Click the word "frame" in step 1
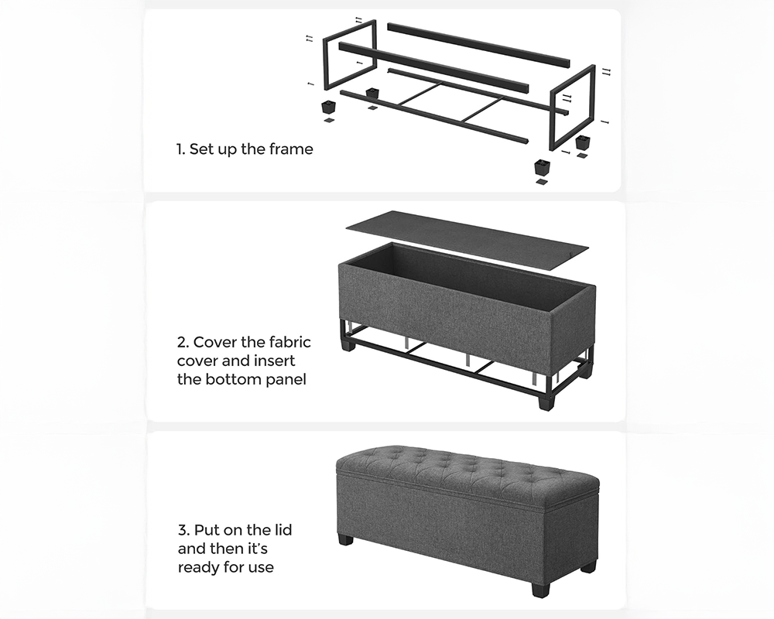291,149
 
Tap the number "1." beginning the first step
180,149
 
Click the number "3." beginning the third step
184,530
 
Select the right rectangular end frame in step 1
572,107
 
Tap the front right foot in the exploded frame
542,167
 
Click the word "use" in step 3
260,568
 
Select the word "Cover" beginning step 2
214,342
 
